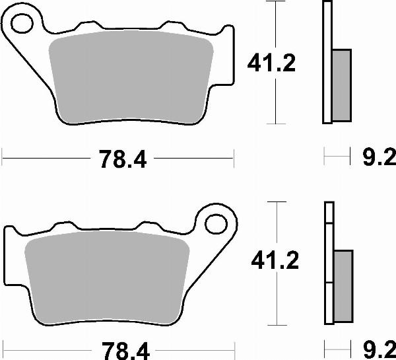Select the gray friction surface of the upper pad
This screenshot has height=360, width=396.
[x=132, y=76]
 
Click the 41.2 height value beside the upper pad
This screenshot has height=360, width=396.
[x=271, y=64]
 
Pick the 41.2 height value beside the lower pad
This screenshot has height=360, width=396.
[x=275, y=261]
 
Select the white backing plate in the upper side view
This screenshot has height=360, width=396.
[x=326, y=63]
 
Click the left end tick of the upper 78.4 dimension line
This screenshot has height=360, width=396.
[x=3, y=158]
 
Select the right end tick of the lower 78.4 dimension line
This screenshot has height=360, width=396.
[x=234, y=347]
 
